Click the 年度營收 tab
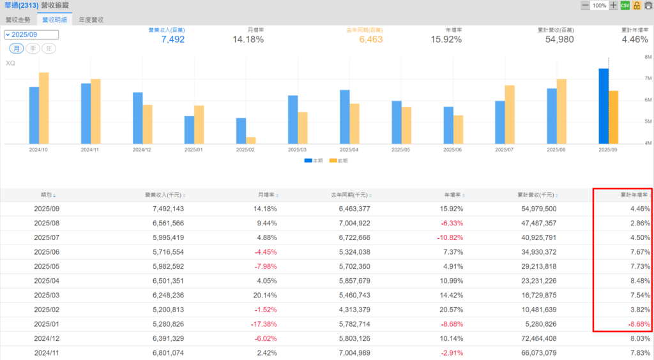coord(91,20)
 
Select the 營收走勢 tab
coord(19,20)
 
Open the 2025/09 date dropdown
coord(31,35)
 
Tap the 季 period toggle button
coord(33,49)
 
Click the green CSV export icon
coord(625,5)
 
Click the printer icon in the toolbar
coord(648,5)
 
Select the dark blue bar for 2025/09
coord(604,106)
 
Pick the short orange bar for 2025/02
coord(251,140)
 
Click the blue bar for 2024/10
coord(34,115)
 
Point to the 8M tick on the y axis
coord(648,57)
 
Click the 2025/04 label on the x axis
coord(348,150)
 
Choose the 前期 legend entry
coord(338,160)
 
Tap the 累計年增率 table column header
coord(634,195)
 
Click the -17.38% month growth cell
coord(261,324)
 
